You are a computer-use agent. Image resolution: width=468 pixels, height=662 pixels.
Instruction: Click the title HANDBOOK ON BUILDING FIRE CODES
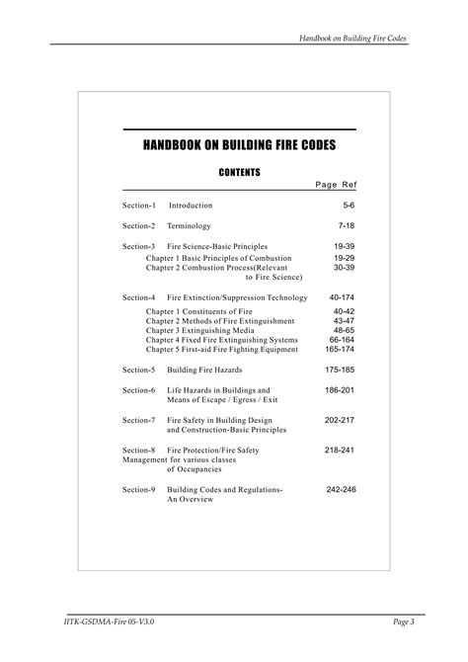coord(239,145)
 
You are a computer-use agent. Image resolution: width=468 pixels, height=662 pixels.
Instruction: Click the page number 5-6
coord(348,205)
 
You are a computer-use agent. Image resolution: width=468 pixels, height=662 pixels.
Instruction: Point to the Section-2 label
coord(139,226)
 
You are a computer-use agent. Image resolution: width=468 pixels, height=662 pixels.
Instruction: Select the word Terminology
coord(190,226)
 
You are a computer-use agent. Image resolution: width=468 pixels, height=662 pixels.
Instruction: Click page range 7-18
coord(345,226)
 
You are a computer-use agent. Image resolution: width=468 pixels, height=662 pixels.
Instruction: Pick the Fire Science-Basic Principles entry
coord(217,247)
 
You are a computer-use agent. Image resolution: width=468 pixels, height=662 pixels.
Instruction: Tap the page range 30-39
coord(344,267)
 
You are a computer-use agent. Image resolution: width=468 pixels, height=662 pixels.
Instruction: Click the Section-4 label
coord(139,297)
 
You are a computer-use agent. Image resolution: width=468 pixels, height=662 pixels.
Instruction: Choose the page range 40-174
coord(342,297)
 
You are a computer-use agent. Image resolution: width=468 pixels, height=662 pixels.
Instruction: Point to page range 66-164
coord(342,339)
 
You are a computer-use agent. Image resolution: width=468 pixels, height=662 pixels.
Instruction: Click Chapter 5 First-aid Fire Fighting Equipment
coord(222,349)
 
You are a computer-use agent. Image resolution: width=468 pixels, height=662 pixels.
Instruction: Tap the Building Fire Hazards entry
coord(203,370)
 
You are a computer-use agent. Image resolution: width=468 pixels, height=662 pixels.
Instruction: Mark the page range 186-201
coord(340,390)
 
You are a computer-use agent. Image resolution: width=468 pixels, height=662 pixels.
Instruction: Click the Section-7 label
coord(139,420)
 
